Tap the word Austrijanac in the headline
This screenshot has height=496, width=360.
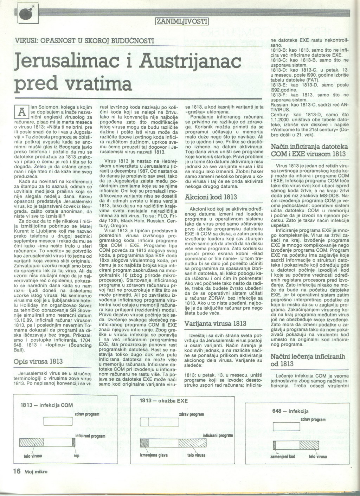click(x=190, y=61)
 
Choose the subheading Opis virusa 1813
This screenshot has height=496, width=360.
click(x=38, y=361)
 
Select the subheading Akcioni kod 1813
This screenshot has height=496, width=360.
click(x=211, y=197)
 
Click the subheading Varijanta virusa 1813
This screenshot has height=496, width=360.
click(x=215, y=323)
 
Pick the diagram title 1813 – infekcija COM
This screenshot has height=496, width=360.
click(x=46, y=405)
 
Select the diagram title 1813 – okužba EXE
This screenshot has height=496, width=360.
click(x=163, y=401)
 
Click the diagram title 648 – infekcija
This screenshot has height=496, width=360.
click(x=290, y=411)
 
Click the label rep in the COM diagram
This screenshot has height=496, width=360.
click(x=77, y=456)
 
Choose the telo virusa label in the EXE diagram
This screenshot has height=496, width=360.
click(x=196, y=455)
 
